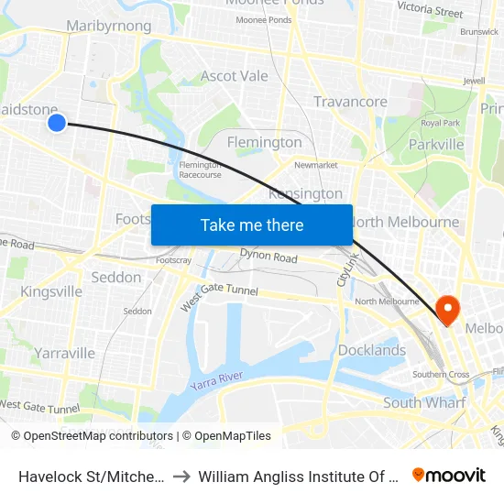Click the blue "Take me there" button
(252, 225)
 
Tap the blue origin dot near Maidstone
(57, 122)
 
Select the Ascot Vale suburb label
(235, 76)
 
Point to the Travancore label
(350, 102)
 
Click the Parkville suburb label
(436, 144)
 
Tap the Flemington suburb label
(264, 142)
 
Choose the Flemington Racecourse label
(200, 170)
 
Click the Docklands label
(372, 350)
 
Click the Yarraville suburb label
(64, 353)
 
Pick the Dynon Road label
(268, 257)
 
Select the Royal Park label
(440, 123)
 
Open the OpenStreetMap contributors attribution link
(98, 436)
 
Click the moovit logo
(448, 475)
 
